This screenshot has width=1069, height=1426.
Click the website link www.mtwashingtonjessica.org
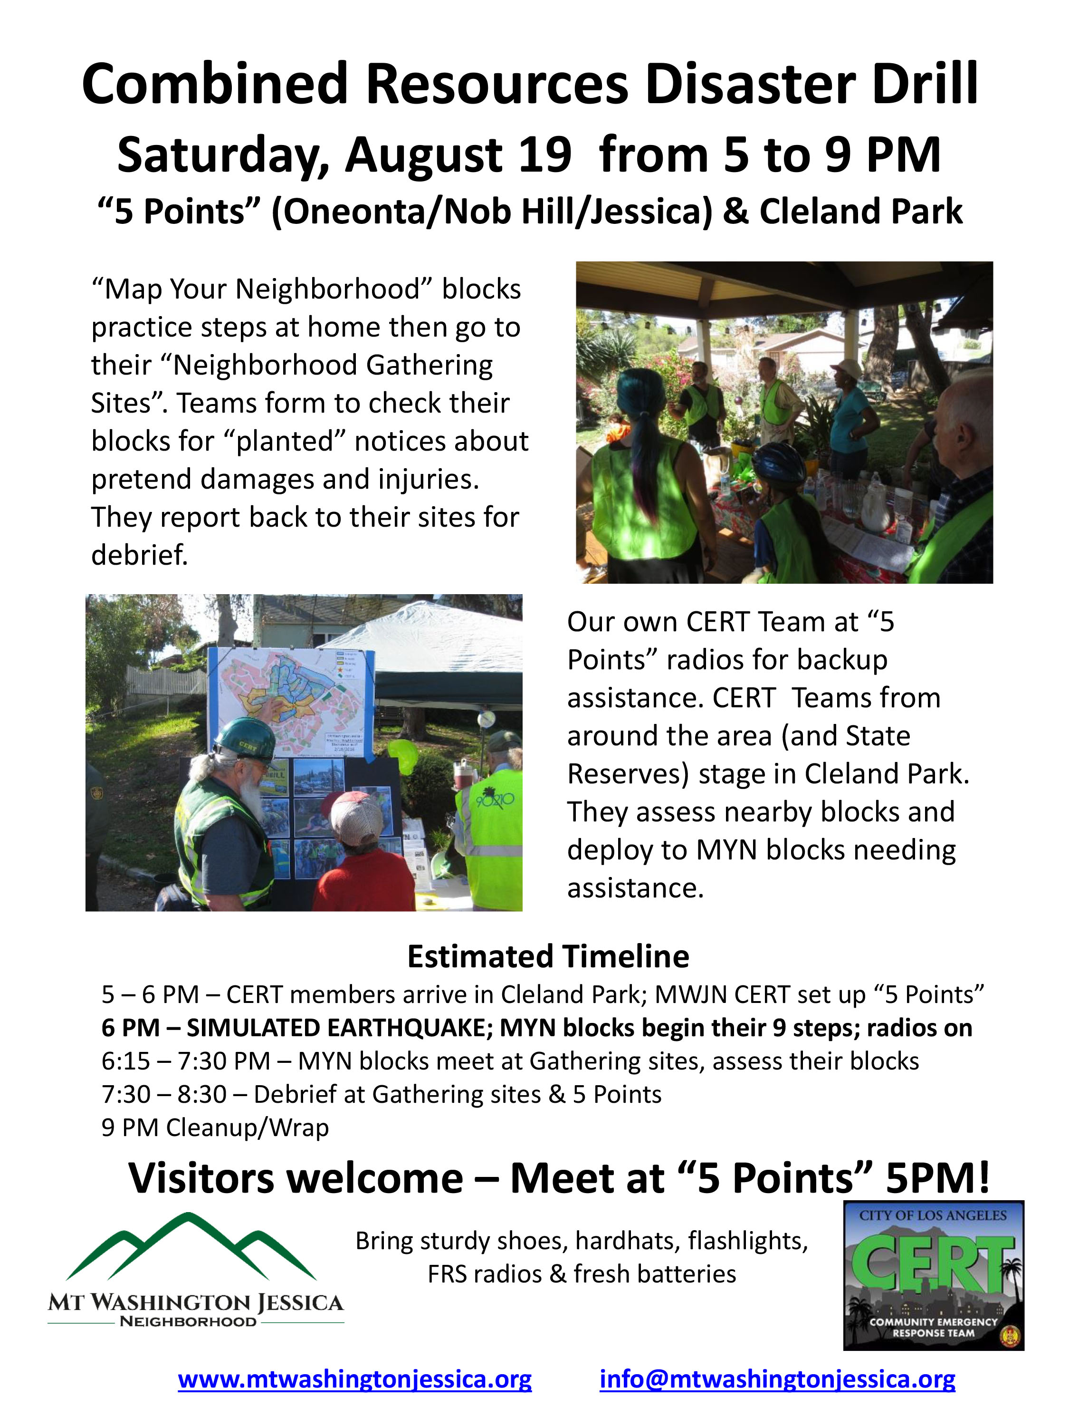(x=354, y=1379)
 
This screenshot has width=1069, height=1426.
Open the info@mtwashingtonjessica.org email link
(x=777, y=1379)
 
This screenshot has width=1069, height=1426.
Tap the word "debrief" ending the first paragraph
(x=139, y=554)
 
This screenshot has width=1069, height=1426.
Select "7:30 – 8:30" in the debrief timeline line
(x=164, y=1094)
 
